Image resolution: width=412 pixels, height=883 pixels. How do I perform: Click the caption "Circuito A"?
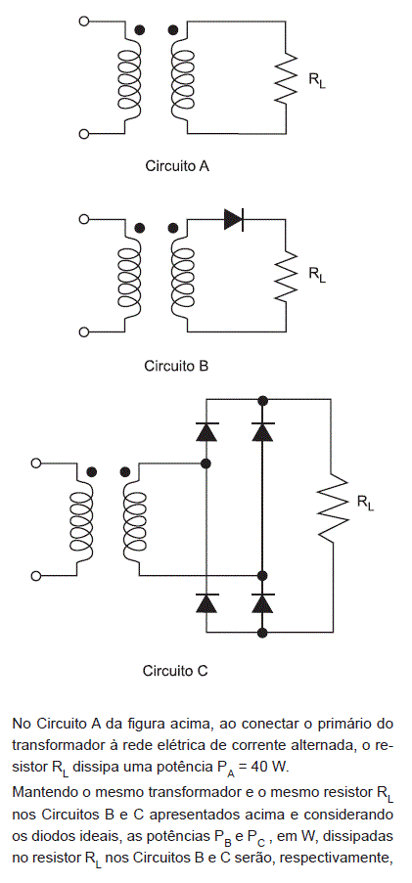(x=177, y=166)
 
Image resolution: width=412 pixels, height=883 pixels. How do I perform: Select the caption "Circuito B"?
(x=176, y=366)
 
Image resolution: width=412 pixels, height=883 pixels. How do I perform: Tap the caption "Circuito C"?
(x=175, y=671)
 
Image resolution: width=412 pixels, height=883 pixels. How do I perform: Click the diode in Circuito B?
(x=234, y=219)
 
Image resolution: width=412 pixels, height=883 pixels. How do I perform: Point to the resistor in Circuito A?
(x=286, y=77)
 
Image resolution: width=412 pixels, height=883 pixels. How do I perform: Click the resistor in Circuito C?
(x=333, y=507)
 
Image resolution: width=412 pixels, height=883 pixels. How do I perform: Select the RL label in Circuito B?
(x=317, y=275)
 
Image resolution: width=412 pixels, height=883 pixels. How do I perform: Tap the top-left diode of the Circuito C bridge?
(x=206, y=431)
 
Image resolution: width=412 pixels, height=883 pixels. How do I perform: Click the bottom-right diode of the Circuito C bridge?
(x=262, y=602)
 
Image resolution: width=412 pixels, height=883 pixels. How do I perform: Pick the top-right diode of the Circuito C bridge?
(x=262, y=431)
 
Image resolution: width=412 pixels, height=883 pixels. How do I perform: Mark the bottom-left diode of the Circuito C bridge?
(x=206, y=602)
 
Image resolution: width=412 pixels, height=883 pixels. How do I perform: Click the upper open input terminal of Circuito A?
(x=84, y=22)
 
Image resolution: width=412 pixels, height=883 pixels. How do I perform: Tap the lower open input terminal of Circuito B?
(x=84, y=332)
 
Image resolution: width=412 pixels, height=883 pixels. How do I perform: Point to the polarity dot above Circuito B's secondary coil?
(x=173, y=228)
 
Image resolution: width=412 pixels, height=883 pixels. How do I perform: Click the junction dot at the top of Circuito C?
(x=262, y=400)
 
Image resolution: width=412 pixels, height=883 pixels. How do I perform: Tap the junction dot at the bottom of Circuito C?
(x=262, y=633)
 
